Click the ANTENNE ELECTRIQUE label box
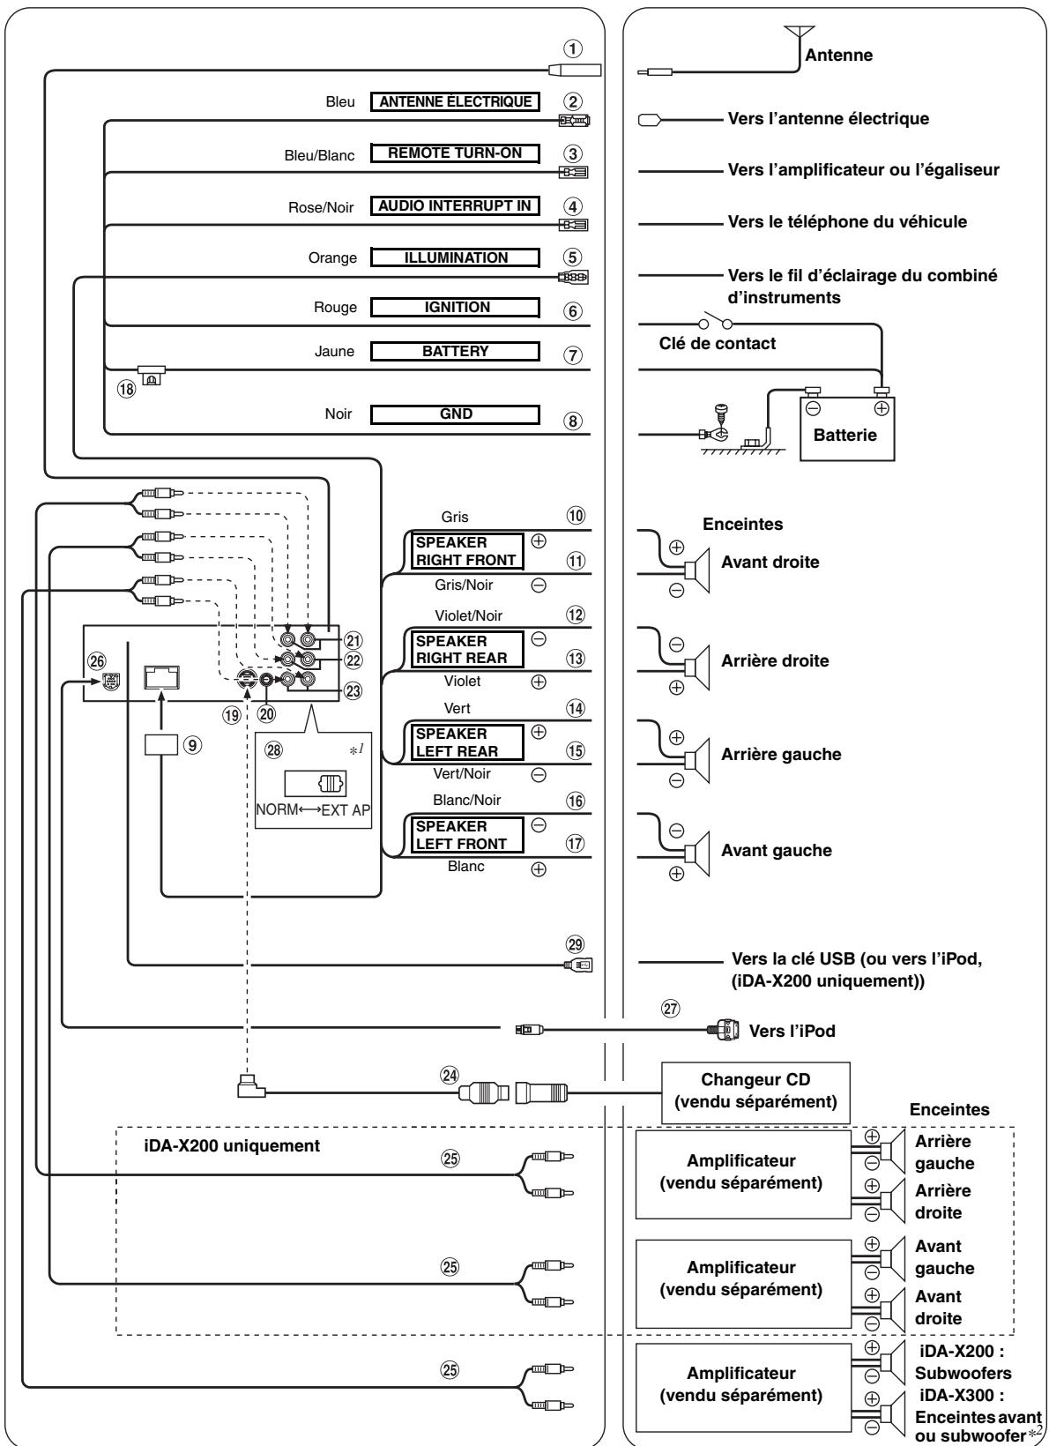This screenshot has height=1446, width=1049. (455, 101)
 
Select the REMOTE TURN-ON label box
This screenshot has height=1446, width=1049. (455, 153)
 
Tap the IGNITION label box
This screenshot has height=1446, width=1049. (455, 307)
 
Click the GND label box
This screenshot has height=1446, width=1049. (455, 414)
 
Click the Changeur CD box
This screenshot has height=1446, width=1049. (755, 1092)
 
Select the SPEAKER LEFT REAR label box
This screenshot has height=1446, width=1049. (467, 742)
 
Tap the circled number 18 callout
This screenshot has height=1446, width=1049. (127, 389)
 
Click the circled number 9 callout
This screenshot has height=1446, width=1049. (191, 745)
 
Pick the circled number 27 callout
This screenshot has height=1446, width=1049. (671, 1009)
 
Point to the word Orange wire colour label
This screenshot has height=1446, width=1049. (332, 257)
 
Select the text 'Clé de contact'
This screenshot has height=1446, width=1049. (718, 344)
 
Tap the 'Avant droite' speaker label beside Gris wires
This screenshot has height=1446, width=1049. (770, 562)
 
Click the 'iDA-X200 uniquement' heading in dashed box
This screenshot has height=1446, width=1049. (232, 1145)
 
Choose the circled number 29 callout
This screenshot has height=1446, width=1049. (575, 944)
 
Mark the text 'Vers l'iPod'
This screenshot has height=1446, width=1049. (792, 1031)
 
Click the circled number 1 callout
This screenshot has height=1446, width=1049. (573, 48)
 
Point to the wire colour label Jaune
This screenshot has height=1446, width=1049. (334, 351)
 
